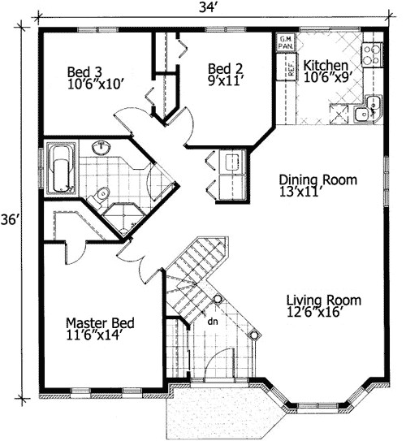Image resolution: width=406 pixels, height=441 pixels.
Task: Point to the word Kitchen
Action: point(327,65)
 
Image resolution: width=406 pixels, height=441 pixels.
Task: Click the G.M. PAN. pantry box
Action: point(287,43)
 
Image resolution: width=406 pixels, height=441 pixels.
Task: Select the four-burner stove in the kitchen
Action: point(372,54)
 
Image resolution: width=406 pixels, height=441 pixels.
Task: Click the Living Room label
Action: point(324,300)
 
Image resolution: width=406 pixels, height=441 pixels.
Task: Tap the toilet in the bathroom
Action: point(101,193)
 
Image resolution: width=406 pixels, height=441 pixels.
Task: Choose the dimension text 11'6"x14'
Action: point(99,336)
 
